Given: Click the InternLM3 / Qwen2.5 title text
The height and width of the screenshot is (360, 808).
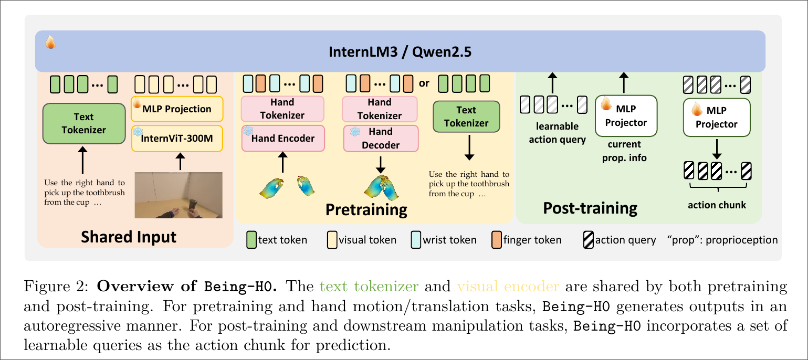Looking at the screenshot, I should [x=400, y=51].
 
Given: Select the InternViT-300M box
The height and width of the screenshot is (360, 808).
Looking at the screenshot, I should [x=177, y=139].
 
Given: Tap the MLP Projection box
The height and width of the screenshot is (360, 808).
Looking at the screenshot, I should [x=177, y=109].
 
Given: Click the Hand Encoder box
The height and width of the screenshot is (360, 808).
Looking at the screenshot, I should [x=283, y=139].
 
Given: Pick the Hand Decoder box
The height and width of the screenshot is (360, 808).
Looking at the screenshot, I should [x=381, y=138].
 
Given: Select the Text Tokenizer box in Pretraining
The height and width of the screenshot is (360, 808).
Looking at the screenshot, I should [x=466, y=117].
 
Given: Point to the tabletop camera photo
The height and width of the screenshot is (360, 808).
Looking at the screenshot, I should [x=179, y=195].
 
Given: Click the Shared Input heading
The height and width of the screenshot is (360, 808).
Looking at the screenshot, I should [x=129, y=237].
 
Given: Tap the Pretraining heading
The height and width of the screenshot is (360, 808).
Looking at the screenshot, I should [x=366, y=210].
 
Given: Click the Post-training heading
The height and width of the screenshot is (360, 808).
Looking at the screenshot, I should [x=590, y=208].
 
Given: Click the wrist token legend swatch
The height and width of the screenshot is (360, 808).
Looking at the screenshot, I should [x=416, y=240].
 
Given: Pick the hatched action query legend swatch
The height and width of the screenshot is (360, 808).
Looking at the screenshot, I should [x=589, y=240].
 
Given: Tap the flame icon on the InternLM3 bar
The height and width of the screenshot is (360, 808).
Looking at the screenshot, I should [x=51, y=42].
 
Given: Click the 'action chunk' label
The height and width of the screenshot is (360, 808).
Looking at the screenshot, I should [x=717, y=205].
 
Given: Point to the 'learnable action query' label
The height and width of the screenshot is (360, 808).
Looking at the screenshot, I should [x=557, y=133].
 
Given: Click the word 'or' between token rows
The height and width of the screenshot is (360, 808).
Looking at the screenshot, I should [x=424, y=83].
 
